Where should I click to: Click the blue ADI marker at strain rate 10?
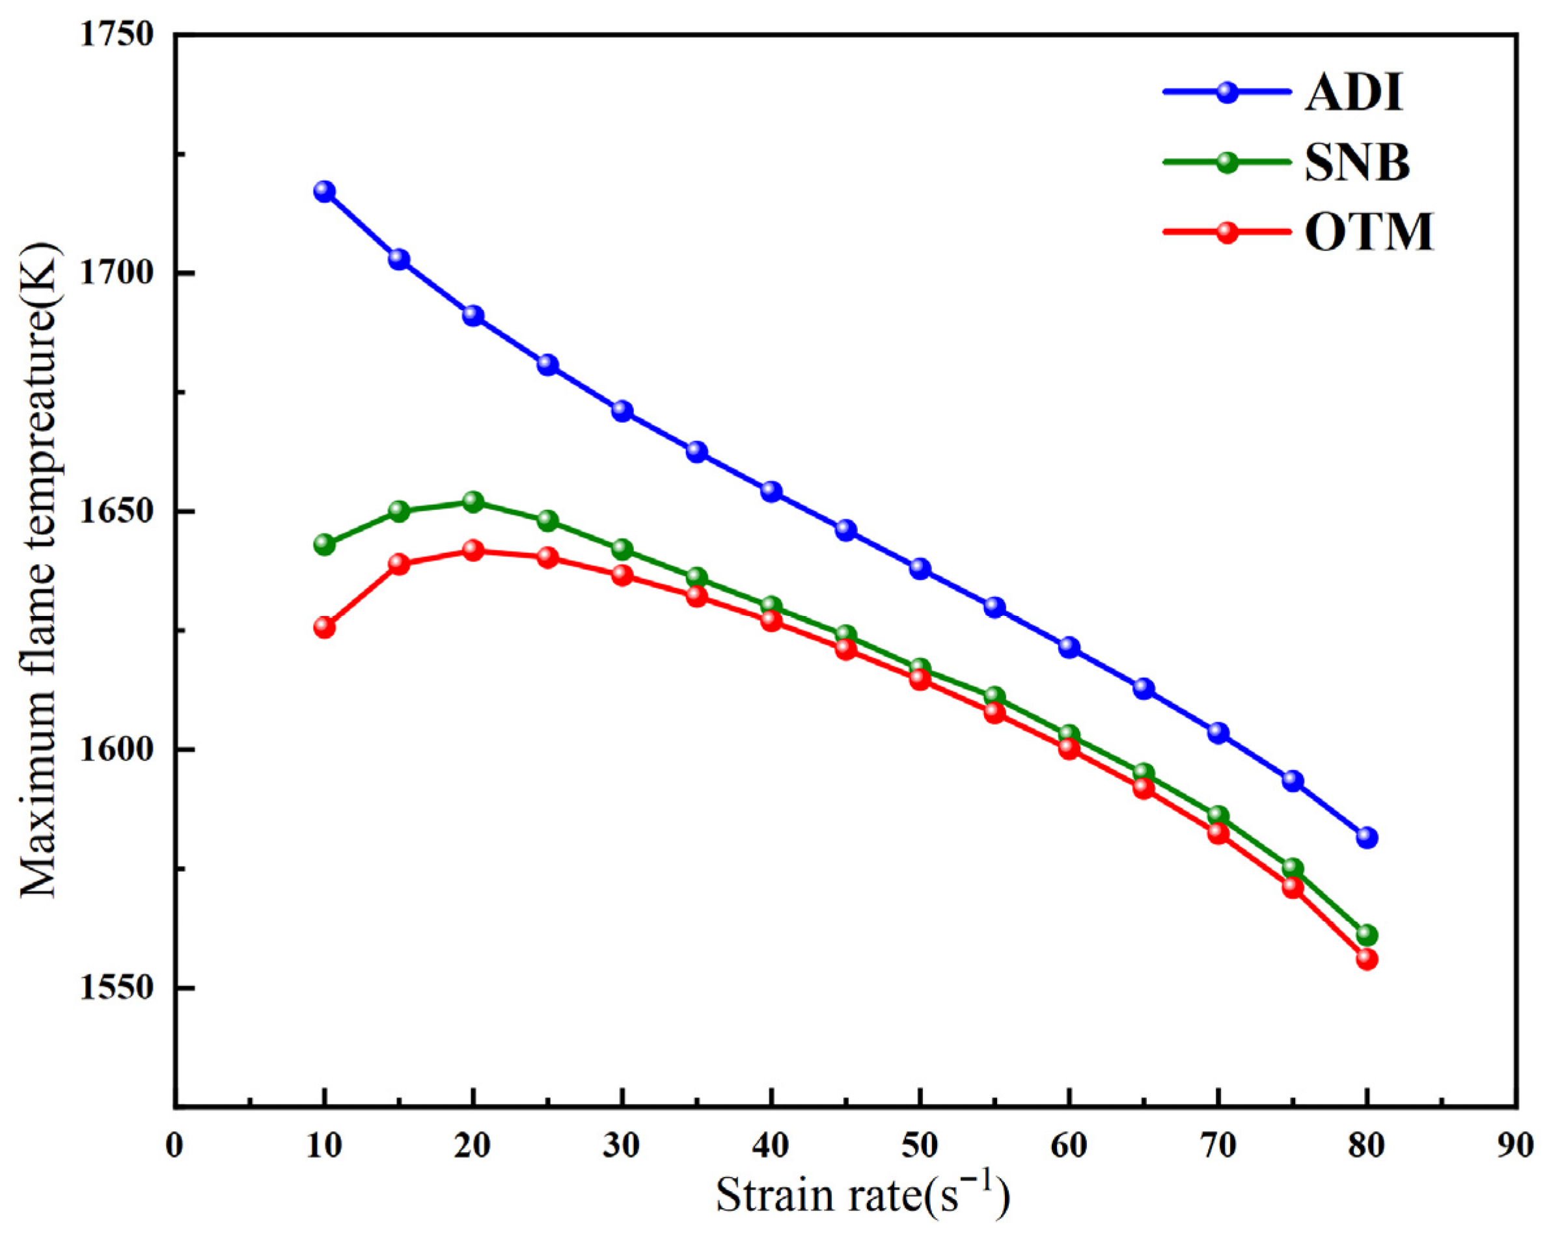click(324, 192)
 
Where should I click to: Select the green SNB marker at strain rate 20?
click(473, 502)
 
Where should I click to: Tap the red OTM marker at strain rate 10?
click(324, 627)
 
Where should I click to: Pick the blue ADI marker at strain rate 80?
click(1367, 837)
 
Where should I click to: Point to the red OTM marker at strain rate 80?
click(1367, 959)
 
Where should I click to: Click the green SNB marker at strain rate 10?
click(324, 544)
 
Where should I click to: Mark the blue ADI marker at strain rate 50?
click(920, 569)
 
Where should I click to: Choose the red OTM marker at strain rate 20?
click(473, 551)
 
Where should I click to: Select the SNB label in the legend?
click(1357, 163)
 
